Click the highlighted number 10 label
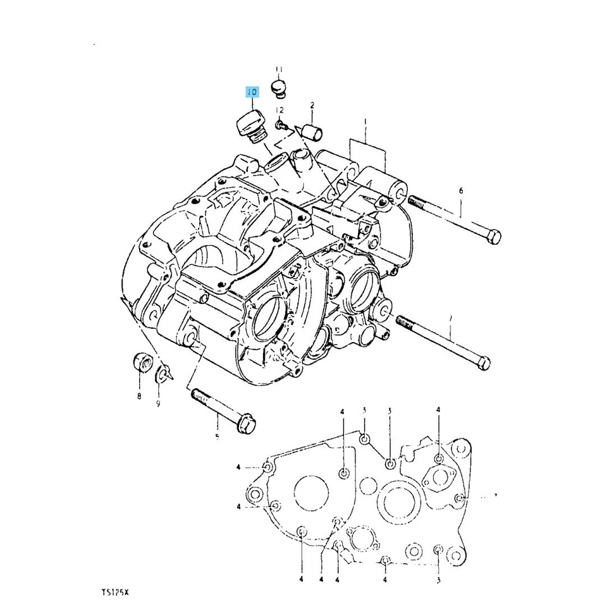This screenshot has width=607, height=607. [x=252, y=92]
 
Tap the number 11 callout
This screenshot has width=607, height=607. [x=279, y=69]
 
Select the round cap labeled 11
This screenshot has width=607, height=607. [x=279, y=87]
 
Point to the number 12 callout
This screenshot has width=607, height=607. [x=280, y=111]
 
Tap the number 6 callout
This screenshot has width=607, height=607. [x=461, y=190]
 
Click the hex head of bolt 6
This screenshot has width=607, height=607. [x=494, y=237]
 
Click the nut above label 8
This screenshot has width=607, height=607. [x=142, y=364]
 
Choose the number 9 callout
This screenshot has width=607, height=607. [x=158, y=403]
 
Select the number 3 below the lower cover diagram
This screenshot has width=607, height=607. [x=438, y=579]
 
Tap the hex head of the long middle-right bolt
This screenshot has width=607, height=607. [x=482, y=364]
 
